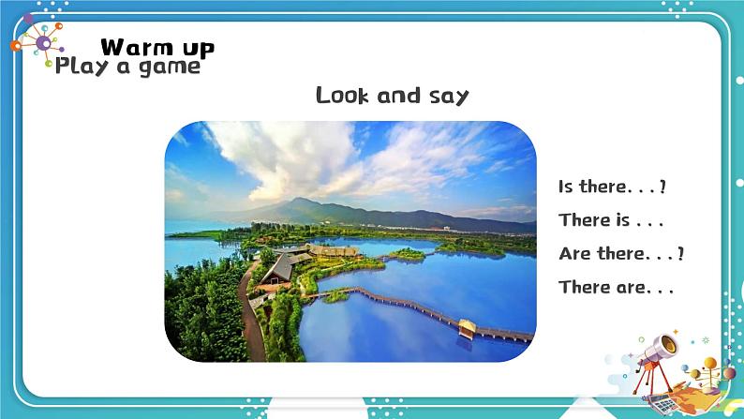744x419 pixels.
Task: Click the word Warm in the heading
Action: (129, 47)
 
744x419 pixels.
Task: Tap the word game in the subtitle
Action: (170, 67)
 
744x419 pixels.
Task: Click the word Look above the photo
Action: (346, 96)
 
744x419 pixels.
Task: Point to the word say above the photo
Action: (447, 97)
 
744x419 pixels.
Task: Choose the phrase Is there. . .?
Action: (612, 187)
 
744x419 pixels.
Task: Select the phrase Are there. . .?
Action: (620, 254)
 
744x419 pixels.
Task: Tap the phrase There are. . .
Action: (616, 288)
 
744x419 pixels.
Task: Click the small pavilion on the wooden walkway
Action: (467, 327)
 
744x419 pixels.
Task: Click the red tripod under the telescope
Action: (647, 381)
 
